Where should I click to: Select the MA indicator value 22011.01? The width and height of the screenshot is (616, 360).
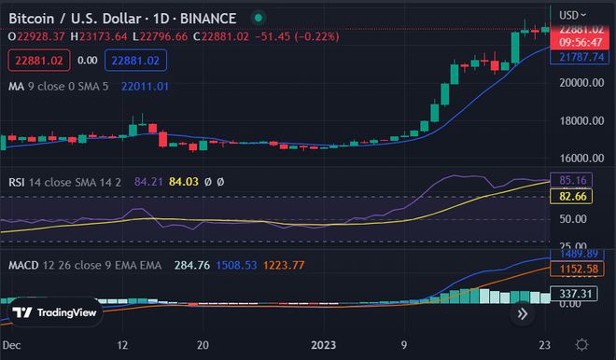coord(145,86)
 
